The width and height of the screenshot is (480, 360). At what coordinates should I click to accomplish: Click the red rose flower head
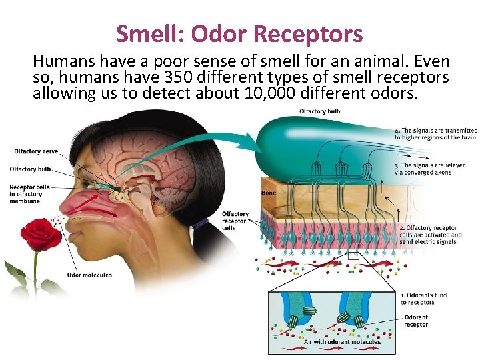pos(41,233)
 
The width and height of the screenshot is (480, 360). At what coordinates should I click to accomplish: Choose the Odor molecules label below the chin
pos(89,275)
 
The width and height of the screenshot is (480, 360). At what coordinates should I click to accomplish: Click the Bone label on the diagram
pos(269,193)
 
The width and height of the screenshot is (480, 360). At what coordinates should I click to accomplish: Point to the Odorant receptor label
pos(417,321)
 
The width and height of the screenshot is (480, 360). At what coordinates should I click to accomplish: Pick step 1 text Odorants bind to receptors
pos(424,299)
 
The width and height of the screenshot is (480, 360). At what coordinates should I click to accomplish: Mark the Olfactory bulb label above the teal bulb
pos(320,111)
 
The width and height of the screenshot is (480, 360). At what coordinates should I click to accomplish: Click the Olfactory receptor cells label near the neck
pos(235,221)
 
